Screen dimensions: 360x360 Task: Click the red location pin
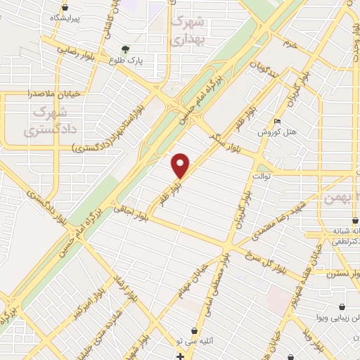coord(181,165)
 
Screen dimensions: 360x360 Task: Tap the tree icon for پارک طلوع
coord(125,49)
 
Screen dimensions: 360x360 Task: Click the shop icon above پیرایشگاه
coord(65,6)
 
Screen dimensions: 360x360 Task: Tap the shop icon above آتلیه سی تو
coord(193,330)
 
